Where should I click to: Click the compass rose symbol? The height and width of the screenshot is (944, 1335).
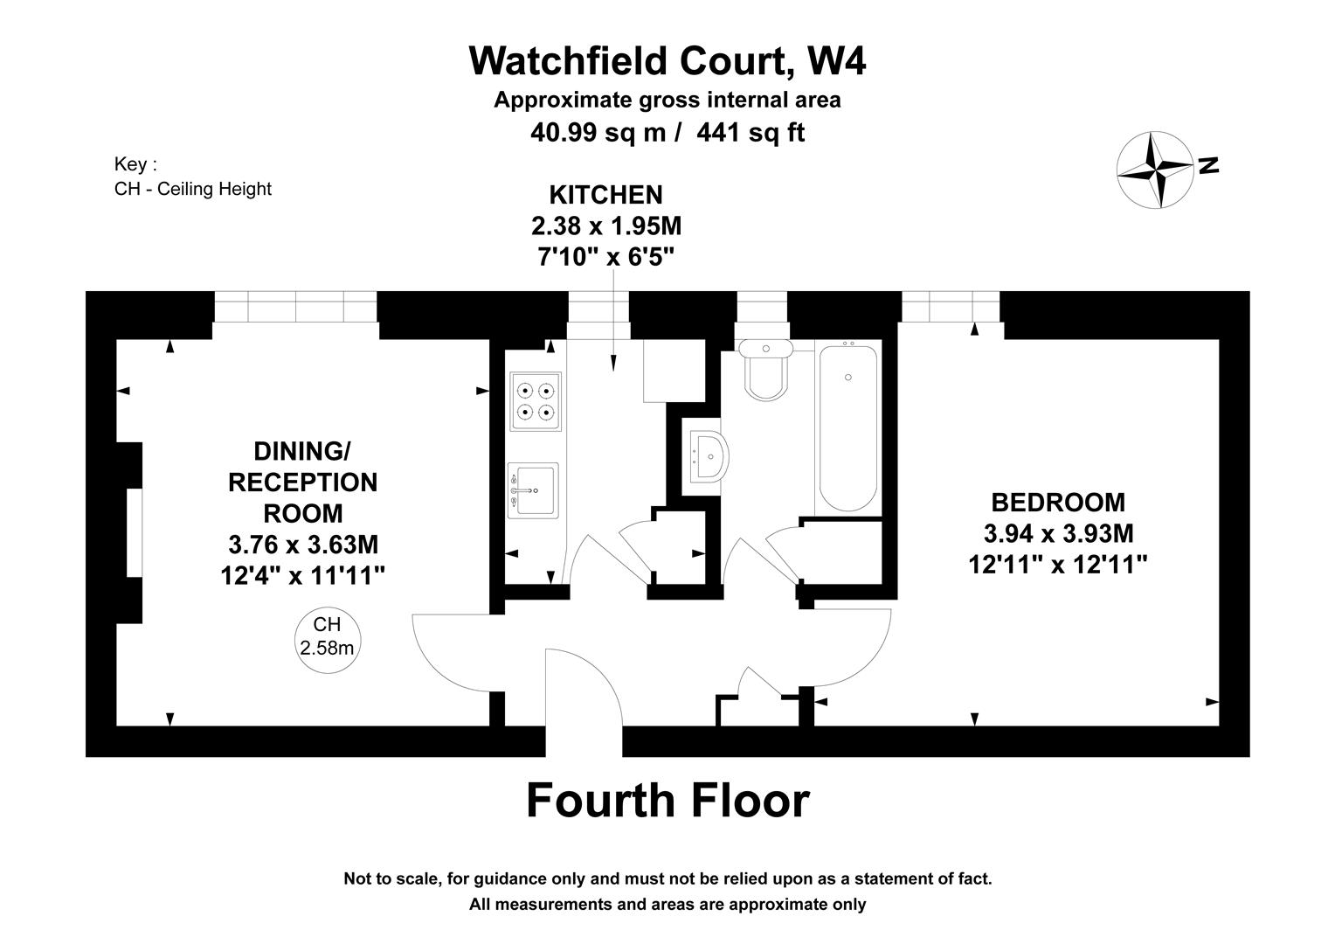tap(1155, 170)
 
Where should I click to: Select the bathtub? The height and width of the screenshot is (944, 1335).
tap(847, 427)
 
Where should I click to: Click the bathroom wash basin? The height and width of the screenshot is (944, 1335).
tap(707, 455)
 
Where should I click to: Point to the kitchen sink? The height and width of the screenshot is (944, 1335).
tap(532, 490)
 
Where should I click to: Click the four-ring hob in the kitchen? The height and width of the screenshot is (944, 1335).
tap(536, 401)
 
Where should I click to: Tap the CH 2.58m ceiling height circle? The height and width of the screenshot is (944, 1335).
tap(327, 636)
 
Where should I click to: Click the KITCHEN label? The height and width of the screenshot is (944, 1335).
tap(605, 195)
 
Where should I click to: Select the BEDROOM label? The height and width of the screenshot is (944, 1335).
tap(1057, 503)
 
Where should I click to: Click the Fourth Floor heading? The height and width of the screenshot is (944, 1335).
tap(667, 801)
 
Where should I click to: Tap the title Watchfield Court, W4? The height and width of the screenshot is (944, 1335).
tap(667, 61)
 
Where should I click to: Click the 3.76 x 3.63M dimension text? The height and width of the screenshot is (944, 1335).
tap(303, 545)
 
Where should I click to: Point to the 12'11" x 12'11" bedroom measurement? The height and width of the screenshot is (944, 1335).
tap(1057, 565)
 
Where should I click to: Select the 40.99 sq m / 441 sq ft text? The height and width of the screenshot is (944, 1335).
tap(667, 133)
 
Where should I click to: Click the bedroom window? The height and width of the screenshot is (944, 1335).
tap(950, 307)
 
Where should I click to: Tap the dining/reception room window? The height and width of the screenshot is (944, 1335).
tap(295, 307)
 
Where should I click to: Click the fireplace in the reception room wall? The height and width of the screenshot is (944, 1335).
tap(134, 532)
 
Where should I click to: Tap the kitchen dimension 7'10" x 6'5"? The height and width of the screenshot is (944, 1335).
tap(605, 257)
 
